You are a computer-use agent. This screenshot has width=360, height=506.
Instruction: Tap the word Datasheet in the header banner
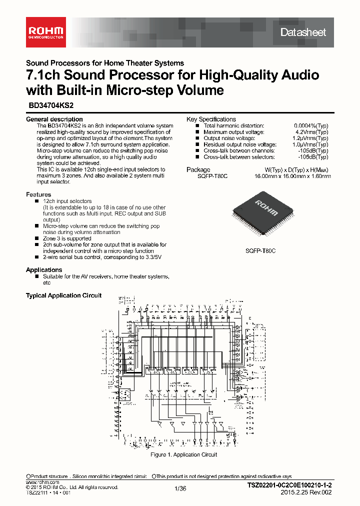[303, 32]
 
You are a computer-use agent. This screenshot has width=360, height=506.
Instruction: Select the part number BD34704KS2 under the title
[44, 106]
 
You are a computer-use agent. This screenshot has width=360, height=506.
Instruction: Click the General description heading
[54, 119]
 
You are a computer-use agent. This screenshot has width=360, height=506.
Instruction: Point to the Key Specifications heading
[211, 119]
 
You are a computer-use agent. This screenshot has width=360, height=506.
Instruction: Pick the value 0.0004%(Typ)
[311, 125]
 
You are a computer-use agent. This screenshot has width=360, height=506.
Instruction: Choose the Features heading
[38, 194]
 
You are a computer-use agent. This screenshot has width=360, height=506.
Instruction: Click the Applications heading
[44, 270]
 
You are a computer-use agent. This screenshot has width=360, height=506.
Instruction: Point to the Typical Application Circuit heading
[63, 295]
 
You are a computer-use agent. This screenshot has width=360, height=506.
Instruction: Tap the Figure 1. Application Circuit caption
[184, 454]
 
